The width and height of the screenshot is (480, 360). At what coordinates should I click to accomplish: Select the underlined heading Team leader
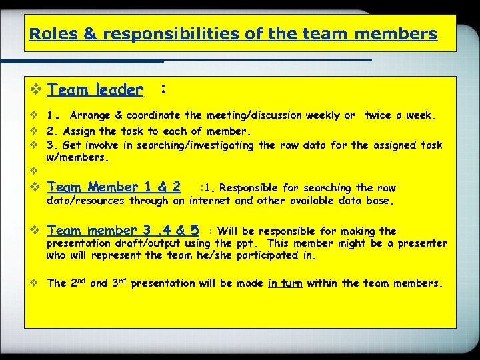[95, 89]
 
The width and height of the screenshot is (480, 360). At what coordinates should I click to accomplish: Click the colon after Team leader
[163, 88]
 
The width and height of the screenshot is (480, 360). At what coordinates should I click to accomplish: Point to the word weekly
[322, 115]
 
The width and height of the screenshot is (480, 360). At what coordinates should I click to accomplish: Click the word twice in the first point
[379, 115]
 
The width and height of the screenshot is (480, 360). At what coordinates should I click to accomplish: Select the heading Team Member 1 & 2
[114, 187]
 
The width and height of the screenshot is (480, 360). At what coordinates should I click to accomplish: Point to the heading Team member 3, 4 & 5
[123, 231]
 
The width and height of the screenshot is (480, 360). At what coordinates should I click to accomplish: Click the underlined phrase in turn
[285, 283]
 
